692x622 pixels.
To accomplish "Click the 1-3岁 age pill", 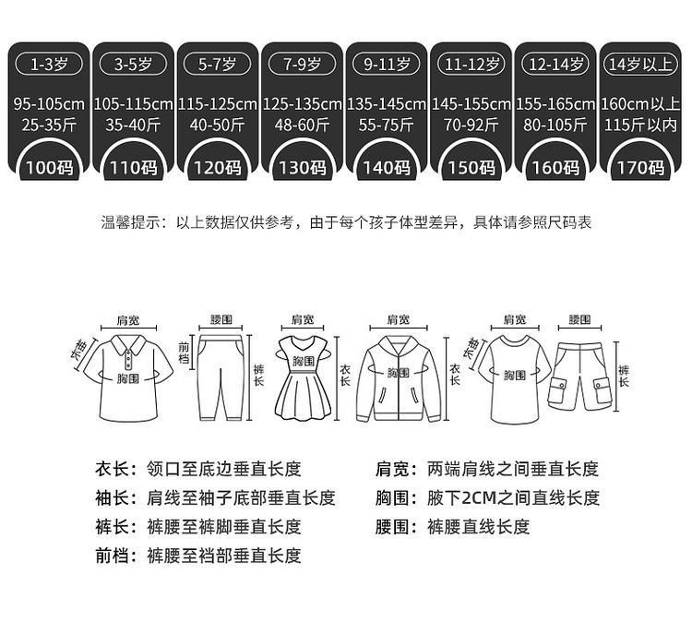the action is pos(52,65).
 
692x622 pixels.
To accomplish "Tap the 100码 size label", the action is pos(52,168).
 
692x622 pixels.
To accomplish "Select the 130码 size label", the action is pos(304,168).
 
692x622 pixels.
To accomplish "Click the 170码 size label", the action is pos(641,168).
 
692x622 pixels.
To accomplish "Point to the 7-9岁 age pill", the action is pos(304,65).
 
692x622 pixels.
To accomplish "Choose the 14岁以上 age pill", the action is pos(641,65).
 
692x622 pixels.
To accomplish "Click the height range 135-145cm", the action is pos(388,104).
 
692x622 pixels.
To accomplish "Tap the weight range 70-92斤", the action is pos(472,124).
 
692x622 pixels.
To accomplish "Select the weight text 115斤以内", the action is pos(641,124).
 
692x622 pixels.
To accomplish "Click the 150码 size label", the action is pos(472,168).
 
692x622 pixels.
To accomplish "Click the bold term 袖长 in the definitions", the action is pos(115,498).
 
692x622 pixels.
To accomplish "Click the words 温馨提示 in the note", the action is pos(130,222).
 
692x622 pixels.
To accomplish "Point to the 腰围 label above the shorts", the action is pos(579,319).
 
